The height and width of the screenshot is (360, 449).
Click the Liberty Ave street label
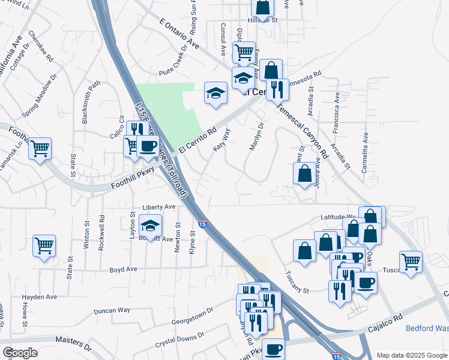coord(158,206)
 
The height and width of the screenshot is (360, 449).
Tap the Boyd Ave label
coord(124,269)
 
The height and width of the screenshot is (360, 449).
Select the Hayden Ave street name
coord(39,296)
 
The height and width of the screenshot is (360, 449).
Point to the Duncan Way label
coord(112,311)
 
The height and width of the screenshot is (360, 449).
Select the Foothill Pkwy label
coord(133,179)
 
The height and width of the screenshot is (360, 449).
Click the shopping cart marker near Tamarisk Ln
coord(40,148)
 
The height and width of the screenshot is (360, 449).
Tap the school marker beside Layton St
coord(150,226)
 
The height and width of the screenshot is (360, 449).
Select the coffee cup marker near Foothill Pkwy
coord(148,146)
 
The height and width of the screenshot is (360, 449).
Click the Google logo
coord(19,352)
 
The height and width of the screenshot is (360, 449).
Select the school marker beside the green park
coord(215,93)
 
